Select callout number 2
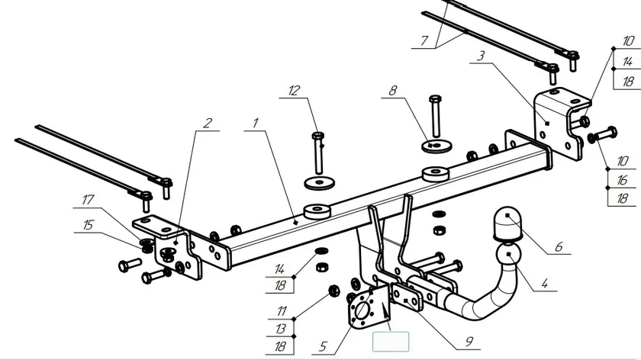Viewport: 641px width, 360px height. pos(207,122)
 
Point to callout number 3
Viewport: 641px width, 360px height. pos(481,56)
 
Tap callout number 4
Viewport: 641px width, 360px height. pos(544,284)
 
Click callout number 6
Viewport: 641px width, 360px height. pos(558,247)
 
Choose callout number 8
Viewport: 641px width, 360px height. pos(393,91)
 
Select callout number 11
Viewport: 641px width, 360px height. pos(282,311)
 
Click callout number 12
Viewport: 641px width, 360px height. pos(295,91)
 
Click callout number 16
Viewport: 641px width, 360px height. pos(623,181)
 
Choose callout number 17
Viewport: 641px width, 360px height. pos(89,201)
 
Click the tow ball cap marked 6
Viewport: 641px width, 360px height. pos(506,222)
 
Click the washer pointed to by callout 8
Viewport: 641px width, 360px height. pos(436,143)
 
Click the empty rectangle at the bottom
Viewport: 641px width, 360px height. pos(390,341)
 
